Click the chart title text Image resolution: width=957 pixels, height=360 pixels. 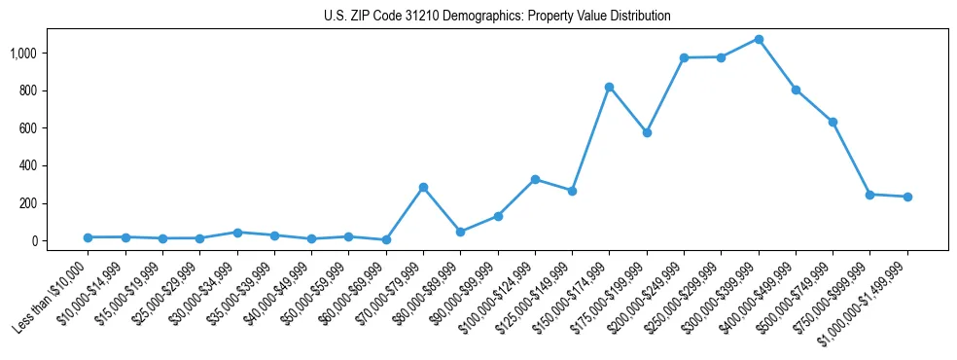[497, 17]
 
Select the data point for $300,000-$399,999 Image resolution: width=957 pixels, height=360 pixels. [759, 40]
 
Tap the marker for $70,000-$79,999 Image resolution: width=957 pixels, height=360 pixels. [423, 187]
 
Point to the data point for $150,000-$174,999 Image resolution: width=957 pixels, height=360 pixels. [610, 87]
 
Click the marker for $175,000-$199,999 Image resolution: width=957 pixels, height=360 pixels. [647, 132]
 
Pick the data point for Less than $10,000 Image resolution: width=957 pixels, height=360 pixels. [88, 237]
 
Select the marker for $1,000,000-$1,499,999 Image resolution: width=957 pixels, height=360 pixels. [907, 197]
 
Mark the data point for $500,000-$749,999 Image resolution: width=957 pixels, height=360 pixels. [833, 122]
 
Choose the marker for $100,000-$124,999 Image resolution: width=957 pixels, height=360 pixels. [535, 179]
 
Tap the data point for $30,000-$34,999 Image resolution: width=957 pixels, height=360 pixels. [237, 233]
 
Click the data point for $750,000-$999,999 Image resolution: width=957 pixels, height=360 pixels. [870, 195]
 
